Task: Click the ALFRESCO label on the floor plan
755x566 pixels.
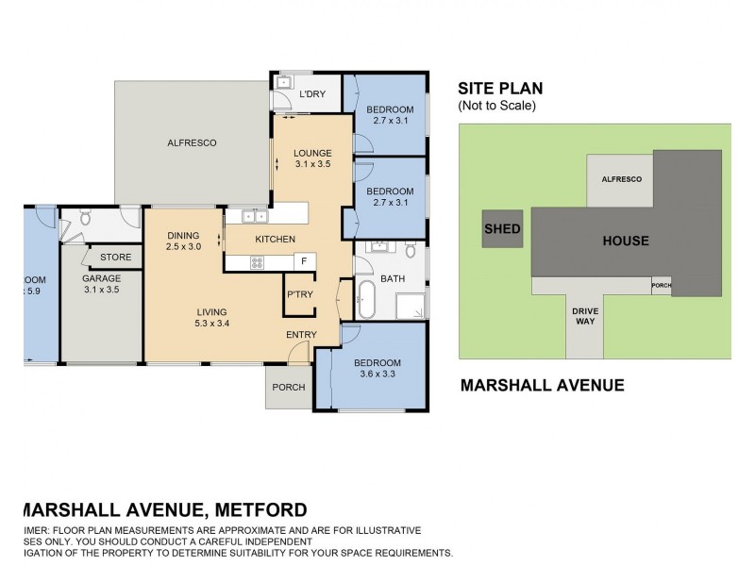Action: pos(192,142)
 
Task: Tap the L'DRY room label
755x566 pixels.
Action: pos(311,94)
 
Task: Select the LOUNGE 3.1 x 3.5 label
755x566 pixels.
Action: pos(311,158)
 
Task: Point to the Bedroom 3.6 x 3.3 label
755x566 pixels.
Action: pos(377,369)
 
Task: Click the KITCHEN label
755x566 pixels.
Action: pos(276,240)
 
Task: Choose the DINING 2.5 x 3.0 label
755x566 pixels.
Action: pos(183,241)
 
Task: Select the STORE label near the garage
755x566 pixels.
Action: pos(115,257)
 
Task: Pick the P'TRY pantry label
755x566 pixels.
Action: pos(299,296)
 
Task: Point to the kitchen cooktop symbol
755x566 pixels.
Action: pos(257,262)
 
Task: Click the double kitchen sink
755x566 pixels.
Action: pos(253,216)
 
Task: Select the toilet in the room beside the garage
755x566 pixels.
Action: pos(85,219)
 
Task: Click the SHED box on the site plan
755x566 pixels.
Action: pos(501,229)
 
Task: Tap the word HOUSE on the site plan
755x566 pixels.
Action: pos(626,241)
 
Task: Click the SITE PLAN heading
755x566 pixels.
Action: pos(500,89)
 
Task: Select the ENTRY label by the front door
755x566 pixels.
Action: pos(300,335)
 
